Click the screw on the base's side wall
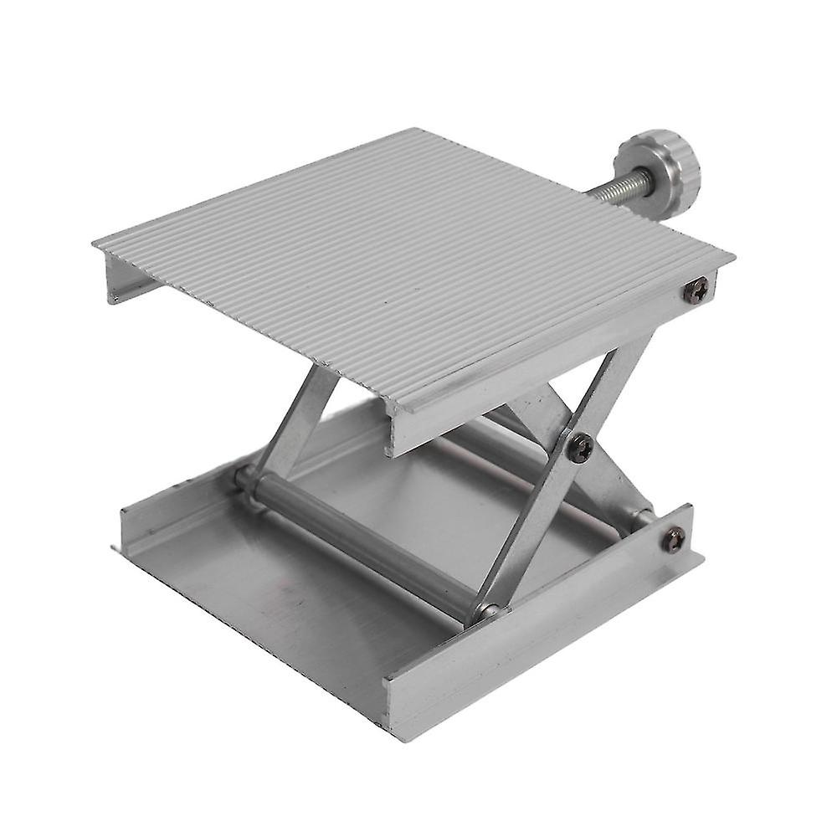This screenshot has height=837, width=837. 674,538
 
